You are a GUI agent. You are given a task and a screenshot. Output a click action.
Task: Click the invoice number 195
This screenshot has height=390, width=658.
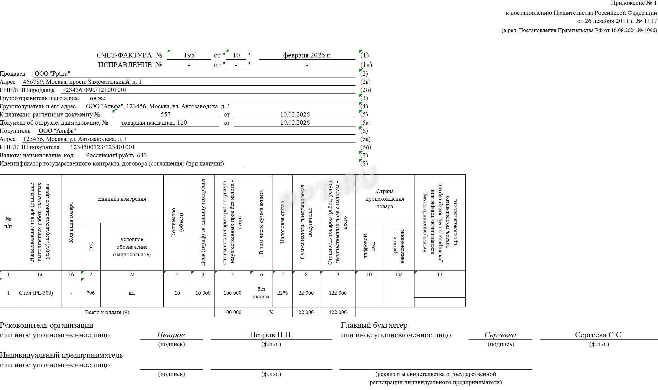tap(189, 55)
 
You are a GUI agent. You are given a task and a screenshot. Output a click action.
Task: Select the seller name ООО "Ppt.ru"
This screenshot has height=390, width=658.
tap(52, 74)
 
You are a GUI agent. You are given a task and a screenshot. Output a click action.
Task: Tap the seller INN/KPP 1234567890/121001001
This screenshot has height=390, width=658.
tap(94, 90)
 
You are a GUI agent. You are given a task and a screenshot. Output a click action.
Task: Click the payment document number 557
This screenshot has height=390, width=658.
tap(165, 114)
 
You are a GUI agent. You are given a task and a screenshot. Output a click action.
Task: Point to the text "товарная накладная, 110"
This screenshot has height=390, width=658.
tap(154, 123)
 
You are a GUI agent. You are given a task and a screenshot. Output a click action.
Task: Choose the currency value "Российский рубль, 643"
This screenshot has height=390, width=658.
tap(116, 155)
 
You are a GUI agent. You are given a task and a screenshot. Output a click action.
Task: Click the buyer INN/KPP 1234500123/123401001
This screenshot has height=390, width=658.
tap(103, 147)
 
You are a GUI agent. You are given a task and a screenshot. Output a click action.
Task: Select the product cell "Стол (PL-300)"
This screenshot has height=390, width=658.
tap(36, 293)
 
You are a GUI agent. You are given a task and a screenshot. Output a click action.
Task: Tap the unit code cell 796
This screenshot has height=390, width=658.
tap(90, 293)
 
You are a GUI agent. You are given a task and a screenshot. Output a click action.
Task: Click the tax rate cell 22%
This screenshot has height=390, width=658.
tap(282, 293)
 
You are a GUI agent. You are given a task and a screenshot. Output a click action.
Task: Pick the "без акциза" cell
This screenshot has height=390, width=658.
tap(261, 293)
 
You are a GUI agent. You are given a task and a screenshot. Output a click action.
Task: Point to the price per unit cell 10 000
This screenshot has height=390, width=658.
tap(203, 293)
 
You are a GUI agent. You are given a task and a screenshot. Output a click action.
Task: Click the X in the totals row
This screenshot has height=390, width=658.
tap(271, 312)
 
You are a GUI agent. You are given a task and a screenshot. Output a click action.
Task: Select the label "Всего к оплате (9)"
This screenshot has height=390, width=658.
tap(107, 312)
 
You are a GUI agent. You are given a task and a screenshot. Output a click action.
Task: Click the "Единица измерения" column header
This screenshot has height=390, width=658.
tap(122, 199)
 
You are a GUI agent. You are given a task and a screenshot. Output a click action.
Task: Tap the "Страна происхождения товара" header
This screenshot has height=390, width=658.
tap(385, 199)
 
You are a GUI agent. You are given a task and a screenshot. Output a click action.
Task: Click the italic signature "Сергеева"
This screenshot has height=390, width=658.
tap(500, 335)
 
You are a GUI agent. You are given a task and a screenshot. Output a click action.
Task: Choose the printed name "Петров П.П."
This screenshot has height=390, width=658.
tap(271, 335)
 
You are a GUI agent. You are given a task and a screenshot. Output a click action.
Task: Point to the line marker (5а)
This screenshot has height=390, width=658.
tap(365, 123)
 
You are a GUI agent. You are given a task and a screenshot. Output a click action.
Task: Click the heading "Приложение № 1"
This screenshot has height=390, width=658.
tap(634, 3)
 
